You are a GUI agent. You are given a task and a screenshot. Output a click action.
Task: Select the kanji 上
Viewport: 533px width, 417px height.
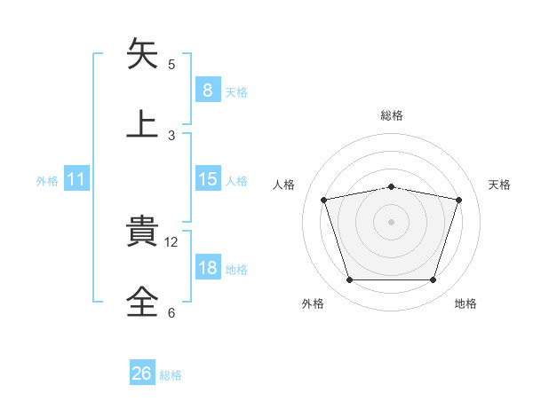(143, 123)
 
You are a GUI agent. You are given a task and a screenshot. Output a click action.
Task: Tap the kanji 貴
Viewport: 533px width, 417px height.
(143, 232)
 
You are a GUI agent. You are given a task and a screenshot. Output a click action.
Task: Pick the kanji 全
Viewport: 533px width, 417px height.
(143, 301)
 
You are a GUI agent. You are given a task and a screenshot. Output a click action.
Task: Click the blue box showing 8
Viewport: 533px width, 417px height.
(207, 90)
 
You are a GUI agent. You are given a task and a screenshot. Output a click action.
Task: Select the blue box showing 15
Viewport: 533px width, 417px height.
(207, 179)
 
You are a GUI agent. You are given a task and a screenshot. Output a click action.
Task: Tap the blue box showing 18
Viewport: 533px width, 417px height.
(207, 268)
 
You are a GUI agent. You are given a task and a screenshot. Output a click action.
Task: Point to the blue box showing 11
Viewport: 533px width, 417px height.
(76, 179)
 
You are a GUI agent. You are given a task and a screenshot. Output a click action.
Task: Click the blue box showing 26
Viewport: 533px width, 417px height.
(142, 374)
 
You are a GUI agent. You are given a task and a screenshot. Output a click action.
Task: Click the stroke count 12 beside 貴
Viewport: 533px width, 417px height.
(172, 241)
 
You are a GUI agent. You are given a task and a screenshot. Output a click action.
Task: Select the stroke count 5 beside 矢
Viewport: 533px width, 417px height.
(171, 64)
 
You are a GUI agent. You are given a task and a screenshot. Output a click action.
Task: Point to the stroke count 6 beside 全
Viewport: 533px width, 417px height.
(171, 312)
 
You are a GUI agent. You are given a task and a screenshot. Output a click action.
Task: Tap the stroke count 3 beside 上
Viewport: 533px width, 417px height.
(171, 135)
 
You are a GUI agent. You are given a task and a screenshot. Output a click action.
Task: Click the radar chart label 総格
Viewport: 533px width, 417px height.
(392, 115)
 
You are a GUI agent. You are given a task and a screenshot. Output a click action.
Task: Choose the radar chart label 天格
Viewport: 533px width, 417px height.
(500, 185)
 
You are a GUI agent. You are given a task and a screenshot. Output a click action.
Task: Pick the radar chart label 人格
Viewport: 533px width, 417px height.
(284, 185)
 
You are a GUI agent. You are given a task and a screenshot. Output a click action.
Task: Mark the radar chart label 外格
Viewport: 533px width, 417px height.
(313, 303)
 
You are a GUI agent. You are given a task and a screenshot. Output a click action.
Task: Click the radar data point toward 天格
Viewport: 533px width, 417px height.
(459, 200)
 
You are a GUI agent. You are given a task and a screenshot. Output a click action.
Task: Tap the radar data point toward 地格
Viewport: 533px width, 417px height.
(433, 280)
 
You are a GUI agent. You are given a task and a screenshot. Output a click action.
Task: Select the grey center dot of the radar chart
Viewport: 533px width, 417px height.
(391, 222)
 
